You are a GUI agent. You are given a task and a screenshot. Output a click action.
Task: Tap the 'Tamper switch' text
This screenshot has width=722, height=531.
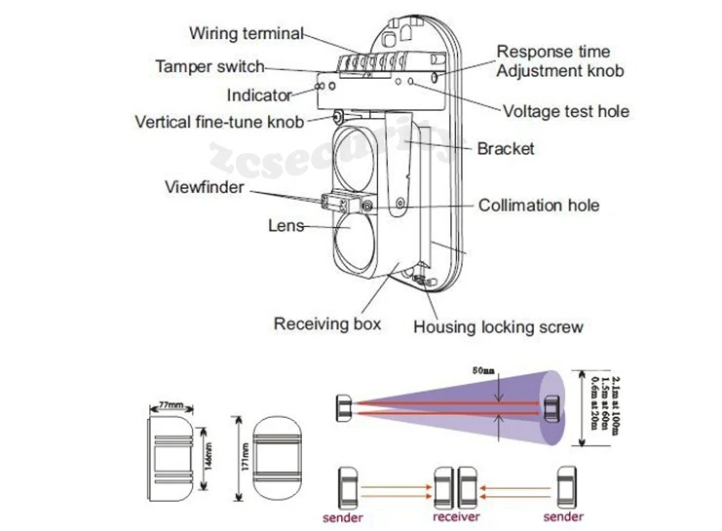209,66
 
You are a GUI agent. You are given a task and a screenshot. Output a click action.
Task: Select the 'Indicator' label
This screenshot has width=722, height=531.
259,95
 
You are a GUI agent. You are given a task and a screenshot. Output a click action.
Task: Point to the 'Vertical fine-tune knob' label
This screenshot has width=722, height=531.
219,122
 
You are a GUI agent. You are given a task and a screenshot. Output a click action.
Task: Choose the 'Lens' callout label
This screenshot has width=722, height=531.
286,225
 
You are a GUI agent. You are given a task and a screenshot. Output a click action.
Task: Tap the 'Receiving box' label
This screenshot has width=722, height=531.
326,323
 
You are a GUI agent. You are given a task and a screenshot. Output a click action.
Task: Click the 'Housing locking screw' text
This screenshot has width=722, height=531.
498,326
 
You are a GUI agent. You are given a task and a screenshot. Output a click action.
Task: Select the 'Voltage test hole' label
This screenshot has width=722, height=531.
565,111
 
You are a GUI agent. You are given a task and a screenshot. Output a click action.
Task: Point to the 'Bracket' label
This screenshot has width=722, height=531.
505,149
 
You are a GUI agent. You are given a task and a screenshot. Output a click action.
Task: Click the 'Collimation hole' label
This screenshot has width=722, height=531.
538,206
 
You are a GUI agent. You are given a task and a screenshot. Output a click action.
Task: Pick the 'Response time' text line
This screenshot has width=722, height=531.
553,52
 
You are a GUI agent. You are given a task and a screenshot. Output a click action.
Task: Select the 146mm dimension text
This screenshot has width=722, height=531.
207,449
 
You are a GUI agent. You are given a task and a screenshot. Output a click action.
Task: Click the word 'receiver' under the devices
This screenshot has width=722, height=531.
455,515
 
